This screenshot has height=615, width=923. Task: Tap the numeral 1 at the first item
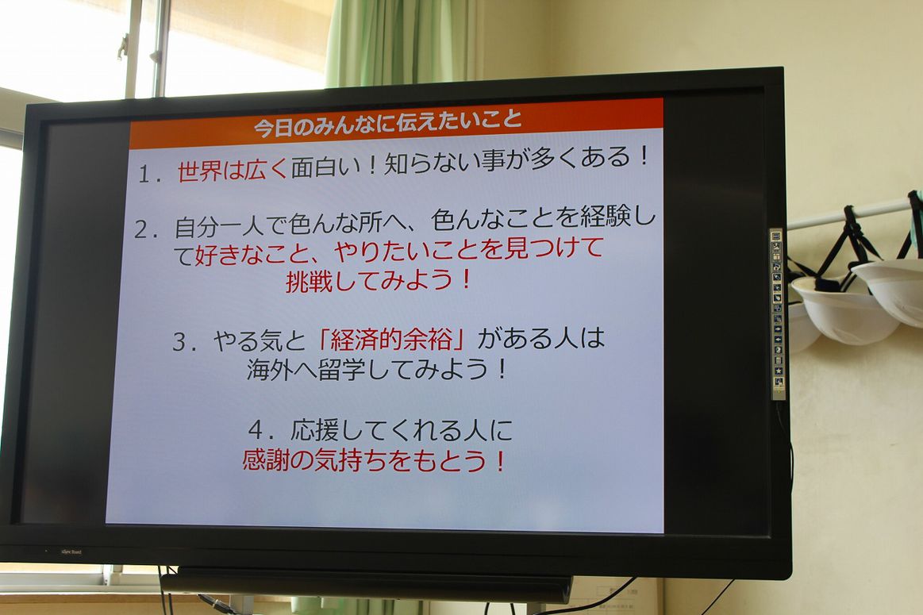click(144, 174)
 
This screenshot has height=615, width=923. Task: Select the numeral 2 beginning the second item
click(141, 230)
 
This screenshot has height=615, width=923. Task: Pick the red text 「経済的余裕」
click(391, 340)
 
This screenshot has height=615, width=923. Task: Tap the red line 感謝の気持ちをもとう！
click(375, 460)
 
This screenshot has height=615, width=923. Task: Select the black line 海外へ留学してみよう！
click(377, 370)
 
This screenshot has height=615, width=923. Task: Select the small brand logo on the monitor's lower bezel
click(71, 552)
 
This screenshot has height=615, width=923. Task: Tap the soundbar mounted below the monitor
click(366, 586)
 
